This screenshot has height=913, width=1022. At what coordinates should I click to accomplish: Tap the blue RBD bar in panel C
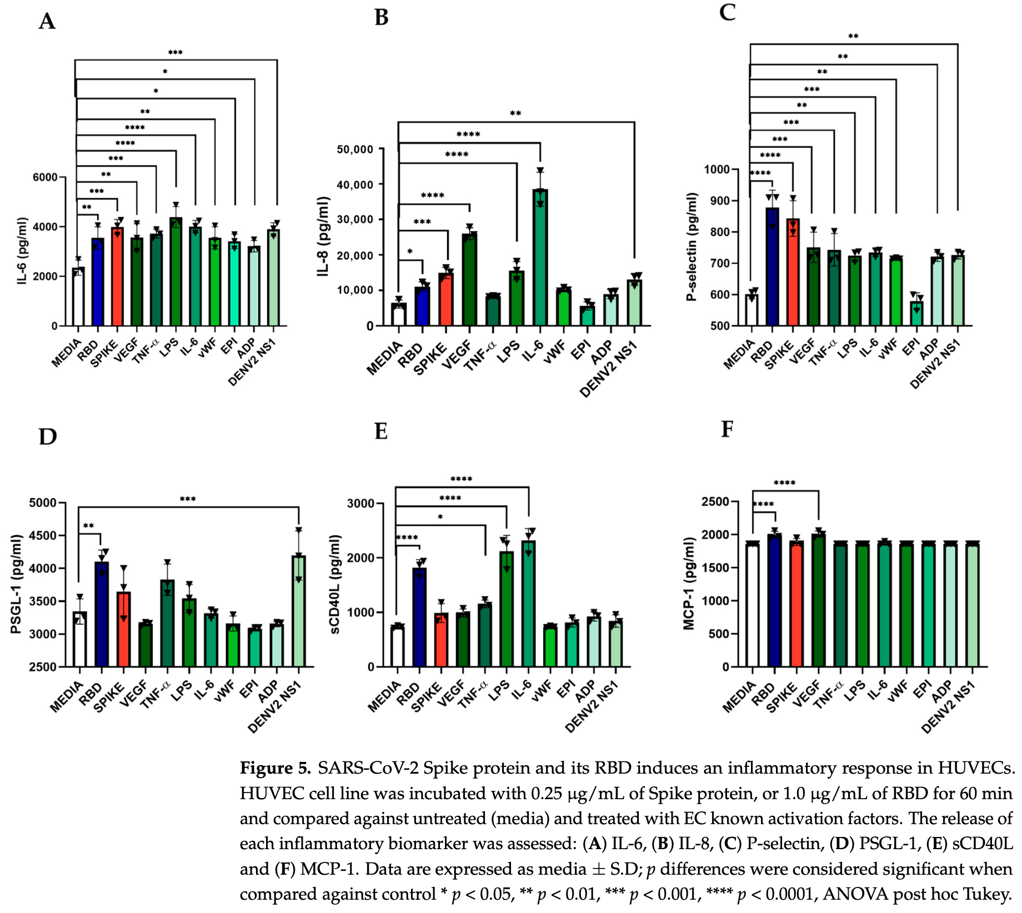point(772,267)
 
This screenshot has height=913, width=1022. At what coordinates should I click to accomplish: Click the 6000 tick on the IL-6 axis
point(46,177)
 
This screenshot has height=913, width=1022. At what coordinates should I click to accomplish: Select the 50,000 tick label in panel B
point(355,149)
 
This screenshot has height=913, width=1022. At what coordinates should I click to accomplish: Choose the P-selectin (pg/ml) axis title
point(692,247)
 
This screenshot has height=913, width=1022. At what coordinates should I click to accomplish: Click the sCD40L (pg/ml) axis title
point(334,584)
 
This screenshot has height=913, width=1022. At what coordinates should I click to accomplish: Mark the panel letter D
point(48,437)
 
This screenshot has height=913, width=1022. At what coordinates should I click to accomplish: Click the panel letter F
point(727,430)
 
